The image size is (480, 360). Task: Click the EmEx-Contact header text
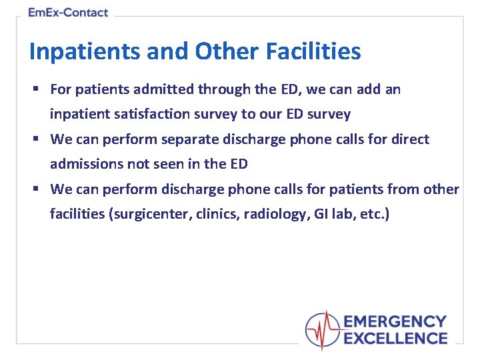pos(68,13)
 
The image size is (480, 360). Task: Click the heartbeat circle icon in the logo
pos(323,330)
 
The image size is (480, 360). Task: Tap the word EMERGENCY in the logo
pos(395,322)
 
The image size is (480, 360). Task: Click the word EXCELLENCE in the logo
pos(395,338)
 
